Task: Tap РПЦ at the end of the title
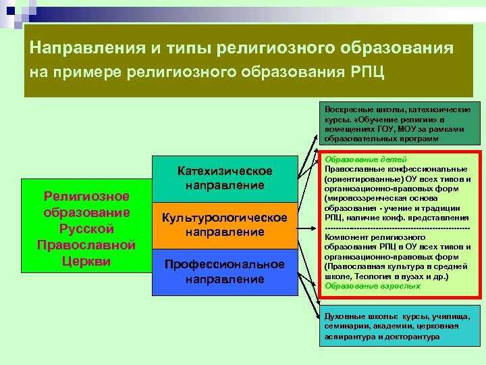pyautogui.click(x=370, y=72)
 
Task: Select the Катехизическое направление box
pyautogui.click(x=225, y=178)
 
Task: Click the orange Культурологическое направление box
pyautogui.click(x=225, y=225)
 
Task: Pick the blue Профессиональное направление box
pyautogui.click(x=225, y=271)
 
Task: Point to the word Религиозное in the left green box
pyautogui.click(x=86, y=197)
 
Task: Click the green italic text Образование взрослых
pyautogui.click(x=362, y=286)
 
